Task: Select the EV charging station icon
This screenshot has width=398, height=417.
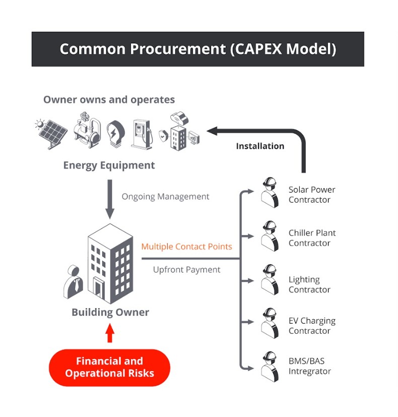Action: (142, 134)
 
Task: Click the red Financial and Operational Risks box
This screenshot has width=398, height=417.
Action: (109, 368)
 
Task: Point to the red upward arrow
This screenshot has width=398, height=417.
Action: (110, 334)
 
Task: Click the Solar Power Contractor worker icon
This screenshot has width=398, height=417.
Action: (270, 192)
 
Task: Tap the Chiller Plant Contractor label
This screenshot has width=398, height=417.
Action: (312, 238)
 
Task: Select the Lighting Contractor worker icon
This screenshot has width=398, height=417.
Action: (270, 280)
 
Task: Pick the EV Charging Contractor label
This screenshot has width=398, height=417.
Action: (312, 326)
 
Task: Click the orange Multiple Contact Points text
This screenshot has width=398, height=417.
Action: (186, 247)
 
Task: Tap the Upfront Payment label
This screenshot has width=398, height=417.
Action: (186, 270)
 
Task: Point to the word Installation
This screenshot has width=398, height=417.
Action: (260, 146)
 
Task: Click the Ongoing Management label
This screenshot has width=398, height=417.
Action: (165, 197)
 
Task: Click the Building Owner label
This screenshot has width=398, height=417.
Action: (110, 312)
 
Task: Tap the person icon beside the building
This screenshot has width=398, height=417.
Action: (74, 282)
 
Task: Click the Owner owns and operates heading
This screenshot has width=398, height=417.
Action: (109, 99)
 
